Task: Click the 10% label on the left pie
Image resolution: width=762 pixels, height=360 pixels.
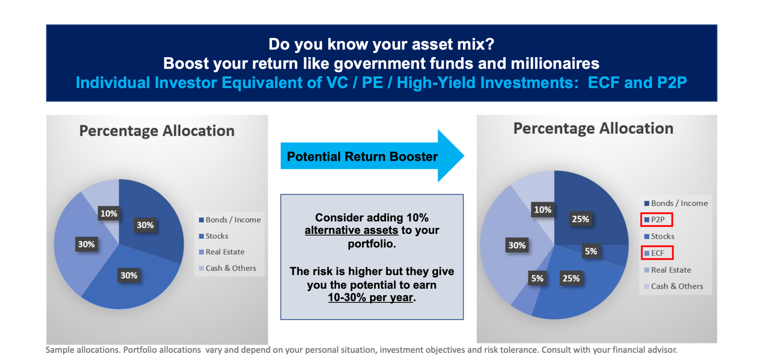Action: (109, 214)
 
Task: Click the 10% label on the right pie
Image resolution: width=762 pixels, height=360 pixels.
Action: (542, 209)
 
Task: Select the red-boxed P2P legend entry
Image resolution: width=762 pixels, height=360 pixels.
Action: (657, 220)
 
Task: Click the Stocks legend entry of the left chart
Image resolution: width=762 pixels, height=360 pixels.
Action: (213, 236)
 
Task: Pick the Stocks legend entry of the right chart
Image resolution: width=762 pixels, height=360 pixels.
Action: (659, 236)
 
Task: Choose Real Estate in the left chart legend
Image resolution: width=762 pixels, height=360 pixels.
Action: (221, 252)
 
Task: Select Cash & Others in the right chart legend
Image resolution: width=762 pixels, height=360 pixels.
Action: (673, 286)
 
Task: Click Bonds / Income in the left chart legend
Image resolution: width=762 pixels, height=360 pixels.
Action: (230, 220)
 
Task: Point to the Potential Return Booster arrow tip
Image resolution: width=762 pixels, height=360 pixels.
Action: (464, 156)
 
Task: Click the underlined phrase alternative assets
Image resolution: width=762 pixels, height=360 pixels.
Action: (351, 230)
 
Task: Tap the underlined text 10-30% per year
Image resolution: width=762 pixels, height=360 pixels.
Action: (370, 298)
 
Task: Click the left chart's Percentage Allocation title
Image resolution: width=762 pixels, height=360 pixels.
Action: (157, 131)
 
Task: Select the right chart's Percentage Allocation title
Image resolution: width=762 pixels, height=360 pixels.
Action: (594, 129)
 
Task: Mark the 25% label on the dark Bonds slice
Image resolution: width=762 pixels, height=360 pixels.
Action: (580, 219)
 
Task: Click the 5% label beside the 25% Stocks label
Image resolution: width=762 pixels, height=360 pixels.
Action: (538, 278)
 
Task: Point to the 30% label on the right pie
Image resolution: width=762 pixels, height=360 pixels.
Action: (517, 245)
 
